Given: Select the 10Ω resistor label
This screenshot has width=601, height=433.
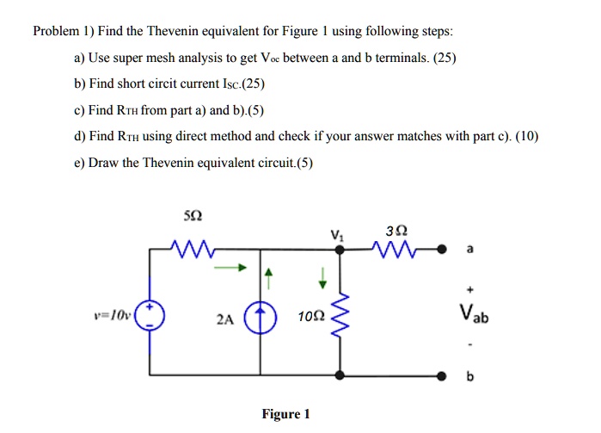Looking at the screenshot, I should tap(310, 318).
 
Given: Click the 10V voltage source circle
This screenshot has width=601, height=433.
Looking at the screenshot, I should tap(150, 316).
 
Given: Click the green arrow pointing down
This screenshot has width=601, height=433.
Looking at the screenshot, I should tap(323, 277).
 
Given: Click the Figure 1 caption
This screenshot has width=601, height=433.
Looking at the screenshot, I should tap(285, 415).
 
